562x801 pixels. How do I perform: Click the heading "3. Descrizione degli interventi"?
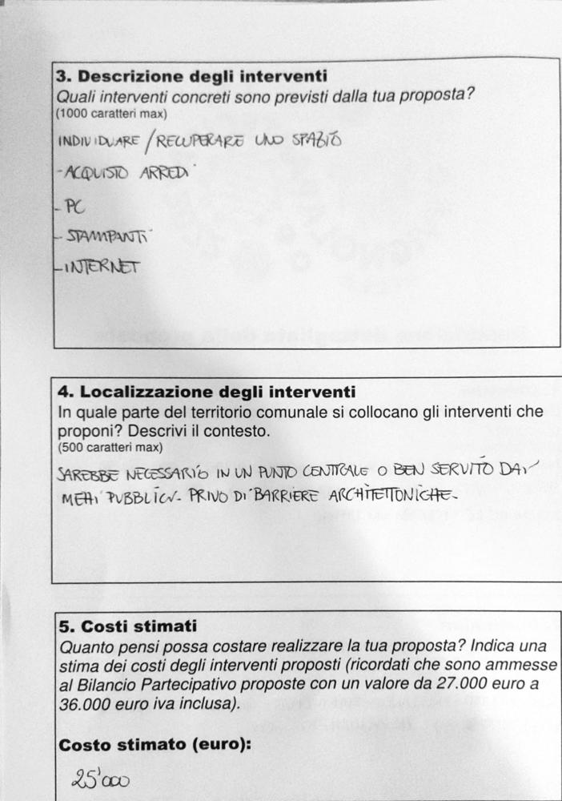[x=191, y=77]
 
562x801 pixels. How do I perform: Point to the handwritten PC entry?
[x=74, y=207]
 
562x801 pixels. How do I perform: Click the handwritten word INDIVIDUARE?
[x=97, y=143]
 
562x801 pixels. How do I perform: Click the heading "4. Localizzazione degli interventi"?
[x=207, y=392]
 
